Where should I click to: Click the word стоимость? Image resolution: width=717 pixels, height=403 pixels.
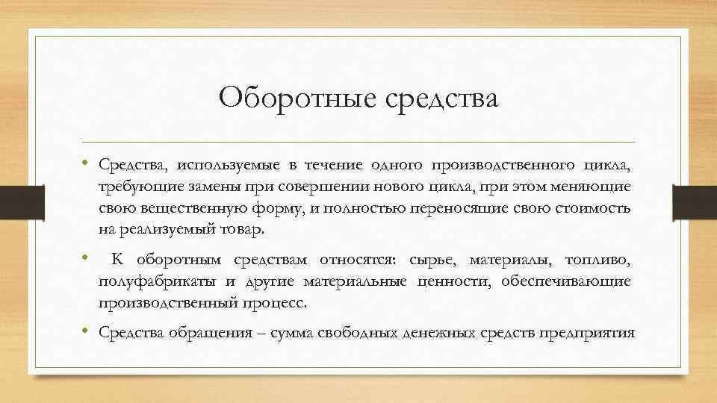[595, 208]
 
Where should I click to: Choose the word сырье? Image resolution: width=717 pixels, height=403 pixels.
[433, 260]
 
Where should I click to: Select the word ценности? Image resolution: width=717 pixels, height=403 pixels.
[454, 281]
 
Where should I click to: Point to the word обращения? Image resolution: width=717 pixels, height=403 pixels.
[199, 333]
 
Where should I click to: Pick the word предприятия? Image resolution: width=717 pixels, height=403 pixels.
[591, 333]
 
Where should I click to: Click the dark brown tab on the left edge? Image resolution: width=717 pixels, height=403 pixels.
[14, 201]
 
